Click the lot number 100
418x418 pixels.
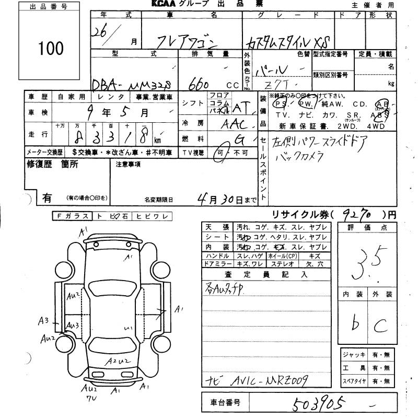51,48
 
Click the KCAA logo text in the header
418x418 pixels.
166,5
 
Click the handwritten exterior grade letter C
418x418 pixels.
378,326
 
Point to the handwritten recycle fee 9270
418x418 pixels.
359,215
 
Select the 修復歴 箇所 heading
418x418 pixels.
52,164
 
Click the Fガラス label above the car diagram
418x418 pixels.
71,215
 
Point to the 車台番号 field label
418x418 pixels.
225,402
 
